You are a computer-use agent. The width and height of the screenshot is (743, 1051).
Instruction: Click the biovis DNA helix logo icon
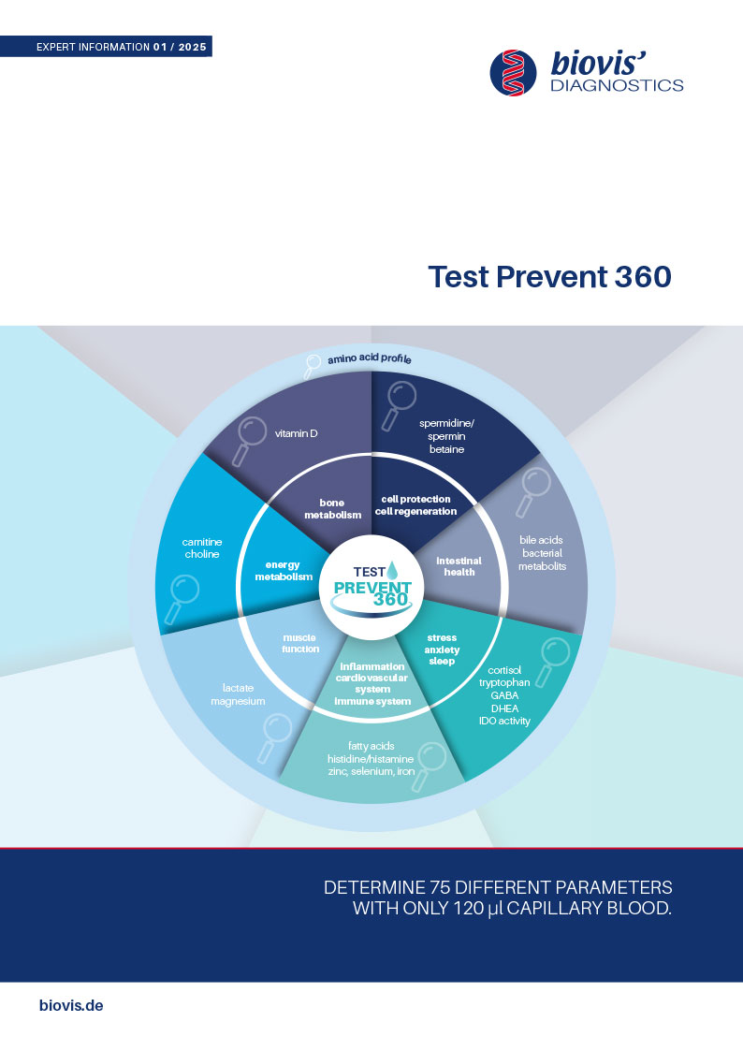point(513,72)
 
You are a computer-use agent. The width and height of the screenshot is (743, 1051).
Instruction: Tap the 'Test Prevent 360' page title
point(549,277)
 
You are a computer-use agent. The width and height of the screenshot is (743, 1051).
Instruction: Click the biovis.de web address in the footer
point(71,1005)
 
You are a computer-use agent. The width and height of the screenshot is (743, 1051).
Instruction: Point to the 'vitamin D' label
point(296,433)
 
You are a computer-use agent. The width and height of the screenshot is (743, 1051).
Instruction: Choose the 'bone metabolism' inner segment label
point(333,509)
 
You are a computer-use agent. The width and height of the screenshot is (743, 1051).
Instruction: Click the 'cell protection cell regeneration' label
point(416,505)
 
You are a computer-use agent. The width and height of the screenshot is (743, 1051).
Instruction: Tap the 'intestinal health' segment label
point(459,566)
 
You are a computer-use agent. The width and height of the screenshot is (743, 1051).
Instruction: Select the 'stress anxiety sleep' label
point(443,650)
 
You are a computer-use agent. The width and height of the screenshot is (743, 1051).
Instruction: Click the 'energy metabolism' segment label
point(284,570)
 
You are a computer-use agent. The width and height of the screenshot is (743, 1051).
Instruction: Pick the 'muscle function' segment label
point(300,644)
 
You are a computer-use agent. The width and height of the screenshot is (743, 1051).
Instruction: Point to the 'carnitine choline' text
point(202,548)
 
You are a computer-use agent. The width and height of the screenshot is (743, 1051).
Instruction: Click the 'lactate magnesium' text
point(238,694)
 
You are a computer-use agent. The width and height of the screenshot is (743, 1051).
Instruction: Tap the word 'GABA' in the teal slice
point(504,695)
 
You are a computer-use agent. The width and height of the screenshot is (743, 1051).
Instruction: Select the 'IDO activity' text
point(504,722)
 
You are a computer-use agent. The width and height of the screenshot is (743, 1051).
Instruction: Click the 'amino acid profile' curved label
point(369,358)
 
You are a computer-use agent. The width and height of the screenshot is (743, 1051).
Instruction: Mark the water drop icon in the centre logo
point(393,570)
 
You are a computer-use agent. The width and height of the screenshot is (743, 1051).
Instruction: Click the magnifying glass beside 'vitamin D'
point(246,441)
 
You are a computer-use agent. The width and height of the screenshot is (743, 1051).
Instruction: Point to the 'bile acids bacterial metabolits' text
point(542,553)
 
